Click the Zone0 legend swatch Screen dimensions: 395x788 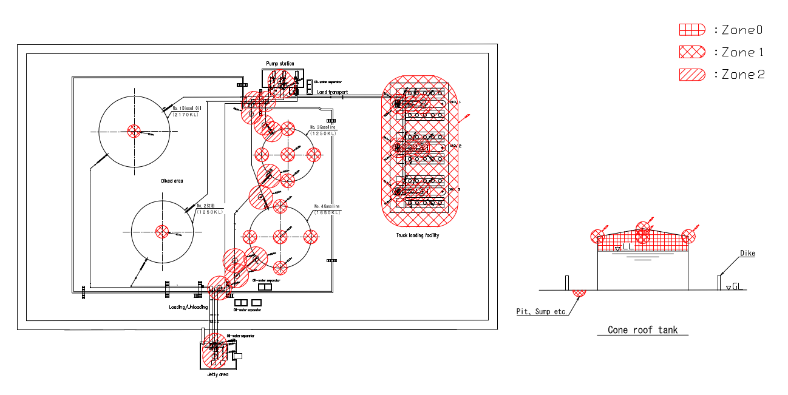(x=691, y=29)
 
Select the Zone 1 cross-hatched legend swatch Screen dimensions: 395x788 (x=691, y=52)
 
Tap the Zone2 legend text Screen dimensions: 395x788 (x=742, y=75)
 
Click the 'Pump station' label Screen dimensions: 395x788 (x=280, y=64)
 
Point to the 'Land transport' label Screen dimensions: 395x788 (x=333, y=92)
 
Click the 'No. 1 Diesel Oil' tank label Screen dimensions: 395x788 (x=187, y=108)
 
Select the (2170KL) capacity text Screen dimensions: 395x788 (x=186, y=114)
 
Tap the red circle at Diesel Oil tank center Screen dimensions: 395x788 (x=134, y=130)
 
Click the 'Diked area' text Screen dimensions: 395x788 (x=172, y=181)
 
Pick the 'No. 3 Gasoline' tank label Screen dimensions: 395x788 (x=322, y=127)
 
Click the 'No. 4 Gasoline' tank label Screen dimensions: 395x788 (x=327, y=206)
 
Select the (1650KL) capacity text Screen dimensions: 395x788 (x=327, y=212)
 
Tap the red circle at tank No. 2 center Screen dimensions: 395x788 (x=162, y=231)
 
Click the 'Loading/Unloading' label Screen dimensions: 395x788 (x=188, y=307)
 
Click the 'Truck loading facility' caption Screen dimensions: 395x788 (x=418, y=235)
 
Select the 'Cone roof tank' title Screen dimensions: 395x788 (x=642, y=330)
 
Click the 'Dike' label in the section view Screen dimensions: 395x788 (x=747, y=253)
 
